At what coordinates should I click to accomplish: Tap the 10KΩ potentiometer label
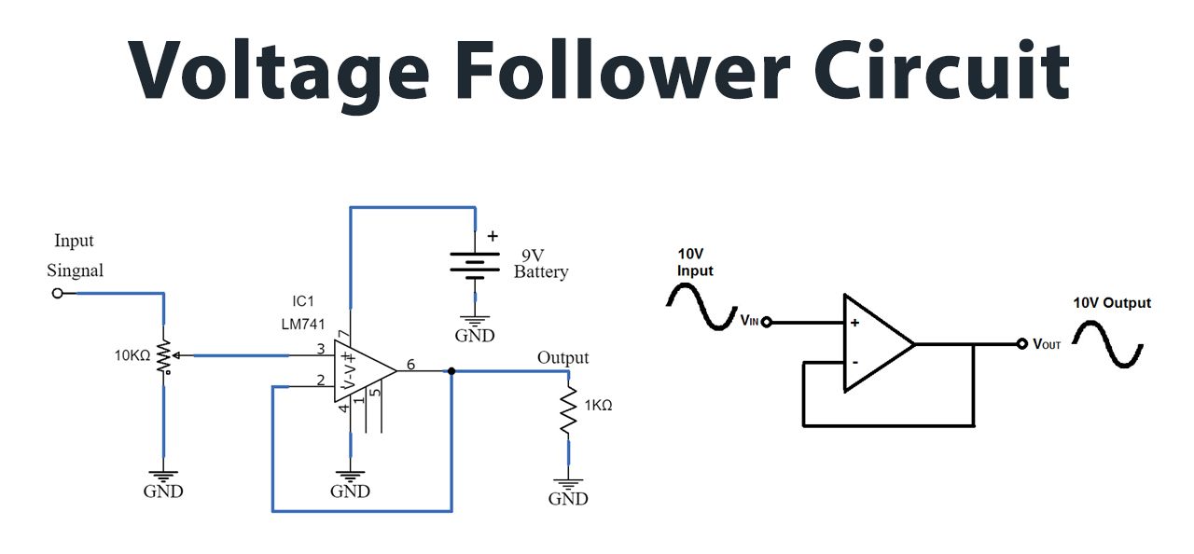(132, 355)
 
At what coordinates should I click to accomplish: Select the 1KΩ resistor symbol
(567, 410)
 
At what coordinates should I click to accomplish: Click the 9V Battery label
(541, 263)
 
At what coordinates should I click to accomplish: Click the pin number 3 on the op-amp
(320, 349)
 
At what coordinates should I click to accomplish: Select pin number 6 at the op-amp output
(409, 365)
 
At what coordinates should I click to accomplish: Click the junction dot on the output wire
(451, 371)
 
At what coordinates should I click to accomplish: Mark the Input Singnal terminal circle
(58, 293)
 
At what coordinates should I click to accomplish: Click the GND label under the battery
(475, 336)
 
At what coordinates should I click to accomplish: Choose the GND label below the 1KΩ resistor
(567, 499)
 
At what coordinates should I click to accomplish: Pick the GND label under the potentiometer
(163, 492)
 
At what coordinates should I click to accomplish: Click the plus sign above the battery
(493, 237)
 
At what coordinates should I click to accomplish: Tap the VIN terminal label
(750, 321)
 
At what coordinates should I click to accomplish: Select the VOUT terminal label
(1047, 344)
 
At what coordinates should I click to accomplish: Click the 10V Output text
(1111, 303)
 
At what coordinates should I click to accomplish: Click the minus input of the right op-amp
(854, 362)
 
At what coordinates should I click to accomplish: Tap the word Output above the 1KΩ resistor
(562, 358)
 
